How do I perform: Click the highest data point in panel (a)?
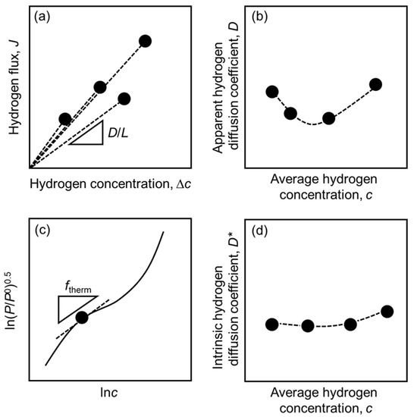coord(146,41)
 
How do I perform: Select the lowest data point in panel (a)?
coord(65,118)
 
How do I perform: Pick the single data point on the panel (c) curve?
coord(83,317)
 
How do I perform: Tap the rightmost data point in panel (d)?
coord(387,311)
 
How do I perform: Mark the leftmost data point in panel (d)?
coord(272,325)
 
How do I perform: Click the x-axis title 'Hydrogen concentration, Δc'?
coord(104,185)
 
